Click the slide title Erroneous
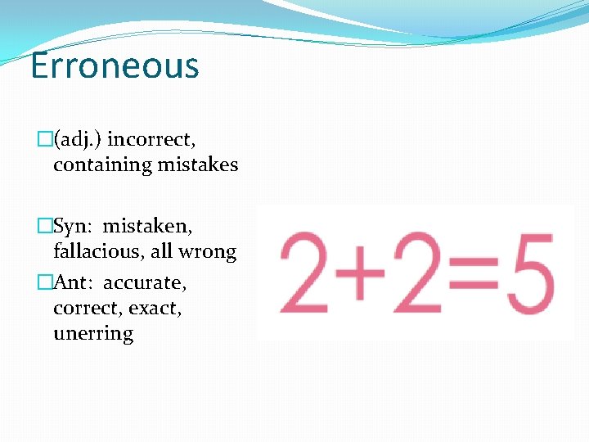pyautogui.click(x=114, y=65)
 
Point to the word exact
pyautogui.click(x=158, y=309)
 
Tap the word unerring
pyautogui.click(x=93, y=334)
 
